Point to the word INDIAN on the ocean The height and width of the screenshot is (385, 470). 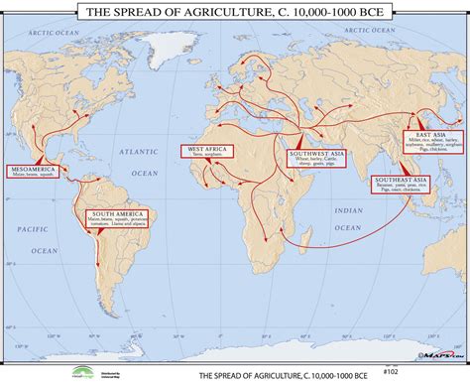click(348, 210)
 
